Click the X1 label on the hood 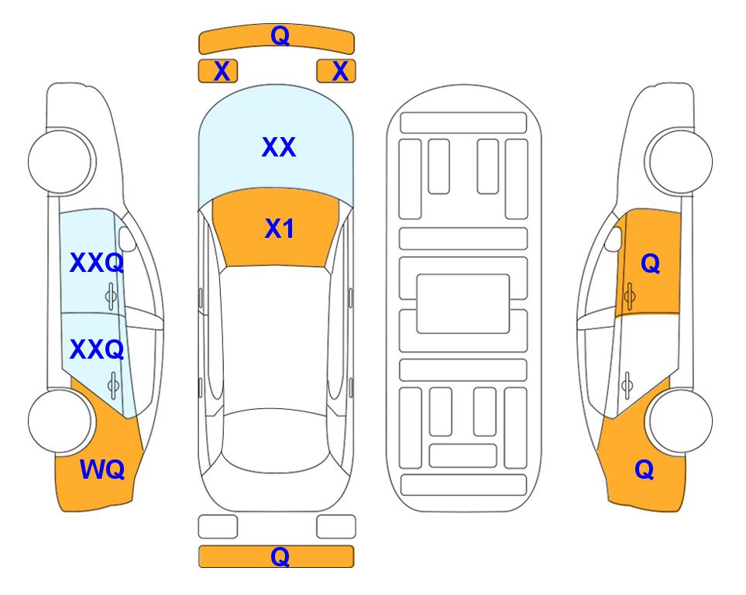tap(279, 229)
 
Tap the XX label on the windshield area tap(279, 146)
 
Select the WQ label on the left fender tap(102, 469)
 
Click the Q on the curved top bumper tap(280, 35)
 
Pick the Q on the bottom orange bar tap(280, 556)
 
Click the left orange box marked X tap(218, 71)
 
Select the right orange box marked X tap(336, 71)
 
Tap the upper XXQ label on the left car tap(97, 263)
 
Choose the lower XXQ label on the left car tap(97, 349)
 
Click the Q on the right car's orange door tap(651, 263)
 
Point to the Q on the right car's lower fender tap(645, 469)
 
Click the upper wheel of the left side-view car tap(60, 161)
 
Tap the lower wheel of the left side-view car tap(60, 421)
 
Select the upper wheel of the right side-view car tap(680, 161)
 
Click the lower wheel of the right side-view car tap(680, 421)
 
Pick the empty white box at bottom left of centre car tap(218, 527)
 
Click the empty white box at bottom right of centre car tap(336, 527)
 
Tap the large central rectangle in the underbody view tap(463, 304)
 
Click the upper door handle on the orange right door tap(629, 296)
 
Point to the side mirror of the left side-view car tap(126, 239)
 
